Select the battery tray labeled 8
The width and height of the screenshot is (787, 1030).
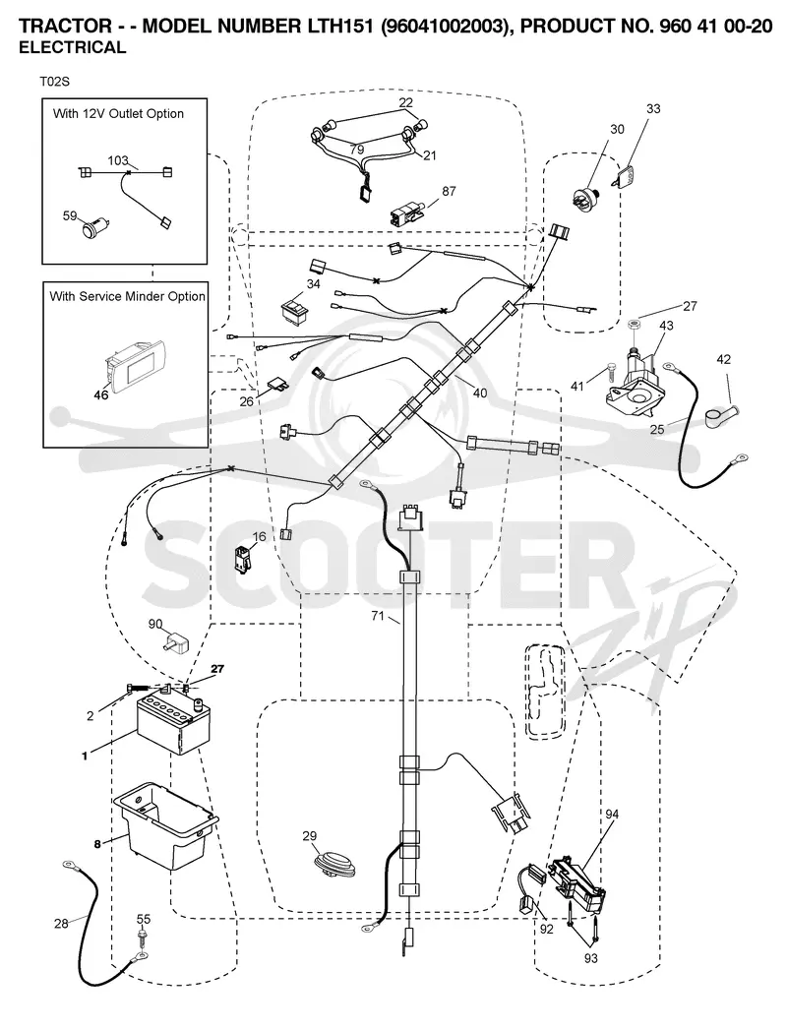tap(165, 825)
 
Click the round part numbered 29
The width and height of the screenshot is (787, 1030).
tap(333, 865)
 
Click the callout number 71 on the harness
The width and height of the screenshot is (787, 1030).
tap(377, 616)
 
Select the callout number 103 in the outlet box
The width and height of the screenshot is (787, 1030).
tap(118, 160)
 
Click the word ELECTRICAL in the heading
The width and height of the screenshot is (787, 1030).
tap(72, 47)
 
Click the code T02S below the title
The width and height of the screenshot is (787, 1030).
tap(54, 82)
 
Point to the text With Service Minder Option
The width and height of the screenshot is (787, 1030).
tap(128, 296)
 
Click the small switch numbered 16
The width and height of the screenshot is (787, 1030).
tap(241, 557)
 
